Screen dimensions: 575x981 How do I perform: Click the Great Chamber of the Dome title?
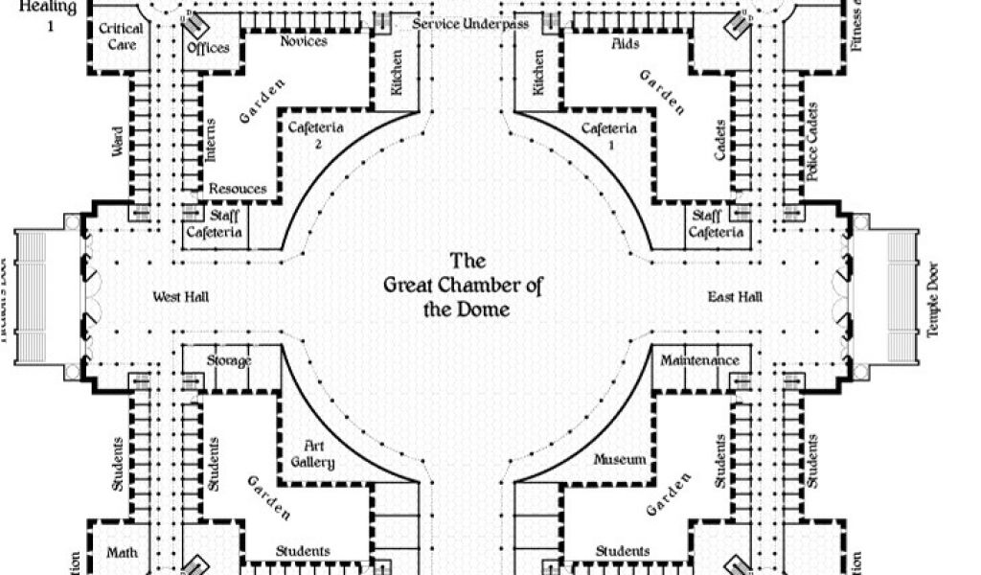[x=460, y=285]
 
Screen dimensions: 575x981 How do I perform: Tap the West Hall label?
[x=181, y=297]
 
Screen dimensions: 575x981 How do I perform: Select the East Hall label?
[x=735, y=297]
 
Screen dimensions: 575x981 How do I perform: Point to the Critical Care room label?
[x=121, y=36]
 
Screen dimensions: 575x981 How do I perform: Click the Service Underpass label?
[x=470, y=24]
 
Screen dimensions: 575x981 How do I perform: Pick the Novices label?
[x=304, y=41]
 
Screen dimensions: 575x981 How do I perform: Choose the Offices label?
[x=208, y=48]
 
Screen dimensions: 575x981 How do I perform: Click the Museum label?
[x=620, y=460]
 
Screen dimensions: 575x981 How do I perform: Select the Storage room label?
[x=229, y=360]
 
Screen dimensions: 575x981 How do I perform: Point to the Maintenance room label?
[x=700, y=360]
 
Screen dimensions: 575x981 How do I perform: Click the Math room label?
[x=122, y=552]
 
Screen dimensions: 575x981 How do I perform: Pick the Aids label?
[x=625, y=44]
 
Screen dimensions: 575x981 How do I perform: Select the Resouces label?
[x=238, y=189]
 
